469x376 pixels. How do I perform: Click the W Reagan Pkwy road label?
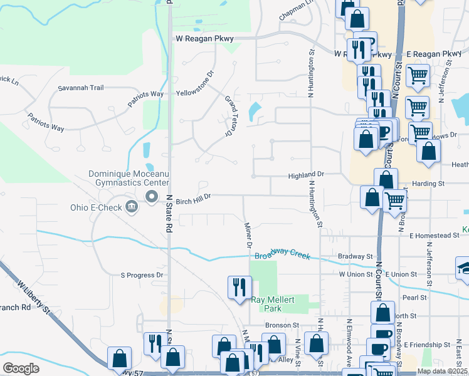click(204, 39)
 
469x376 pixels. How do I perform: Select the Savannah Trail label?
click(81, 88)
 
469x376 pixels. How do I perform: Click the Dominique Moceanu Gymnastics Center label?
click(129, 178)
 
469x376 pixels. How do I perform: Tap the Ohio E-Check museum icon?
click(131, 206)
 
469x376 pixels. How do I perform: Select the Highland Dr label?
click(305, 175)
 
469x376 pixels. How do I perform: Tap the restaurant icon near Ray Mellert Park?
click(239, 288)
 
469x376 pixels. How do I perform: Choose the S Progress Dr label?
click(141, 274)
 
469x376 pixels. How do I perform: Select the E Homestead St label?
click(435, 236)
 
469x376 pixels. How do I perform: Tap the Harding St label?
click(428, 184)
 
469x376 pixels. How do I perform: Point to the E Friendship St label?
click(427, 345)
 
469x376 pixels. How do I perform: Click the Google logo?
click(21, 368)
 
